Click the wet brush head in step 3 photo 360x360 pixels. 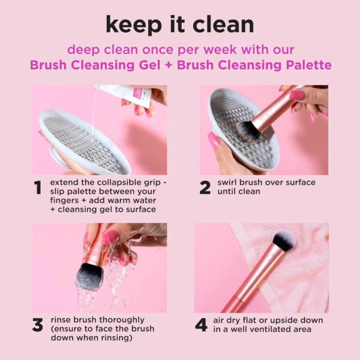pos(90,275)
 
